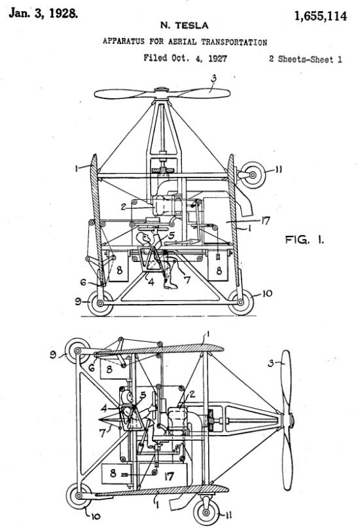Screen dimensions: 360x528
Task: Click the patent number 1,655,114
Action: pos(320,16)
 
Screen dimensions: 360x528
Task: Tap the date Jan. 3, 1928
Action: pos(43,13)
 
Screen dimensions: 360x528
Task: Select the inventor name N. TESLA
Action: pos(185,26)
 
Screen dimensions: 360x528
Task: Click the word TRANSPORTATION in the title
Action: pos(234,42)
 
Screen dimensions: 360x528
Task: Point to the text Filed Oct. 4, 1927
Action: pos(185,58)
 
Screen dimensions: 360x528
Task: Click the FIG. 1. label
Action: pos(305,240)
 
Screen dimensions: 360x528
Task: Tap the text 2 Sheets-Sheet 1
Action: pos(306,60)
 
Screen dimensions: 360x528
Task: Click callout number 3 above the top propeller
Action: pos(213,79)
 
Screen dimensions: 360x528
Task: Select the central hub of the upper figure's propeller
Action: pos(162,90)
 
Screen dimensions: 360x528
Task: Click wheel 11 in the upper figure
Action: pos(253,175)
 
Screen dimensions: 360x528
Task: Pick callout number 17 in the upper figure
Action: pos(266,221)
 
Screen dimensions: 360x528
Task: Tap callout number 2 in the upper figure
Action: pos(124,207)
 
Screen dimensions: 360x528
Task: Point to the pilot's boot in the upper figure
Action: pos(170,284)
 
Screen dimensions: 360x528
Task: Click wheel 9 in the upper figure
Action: pos(100,303)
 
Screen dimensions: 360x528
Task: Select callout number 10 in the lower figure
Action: pos(95,516)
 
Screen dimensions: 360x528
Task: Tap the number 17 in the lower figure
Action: pos(169,476)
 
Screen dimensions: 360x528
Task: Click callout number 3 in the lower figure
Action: pos(271,364)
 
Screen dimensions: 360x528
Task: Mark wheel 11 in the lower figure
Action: pos(206,512)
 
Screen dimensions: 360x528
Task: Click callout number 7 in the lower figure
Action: pos(103,433)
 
